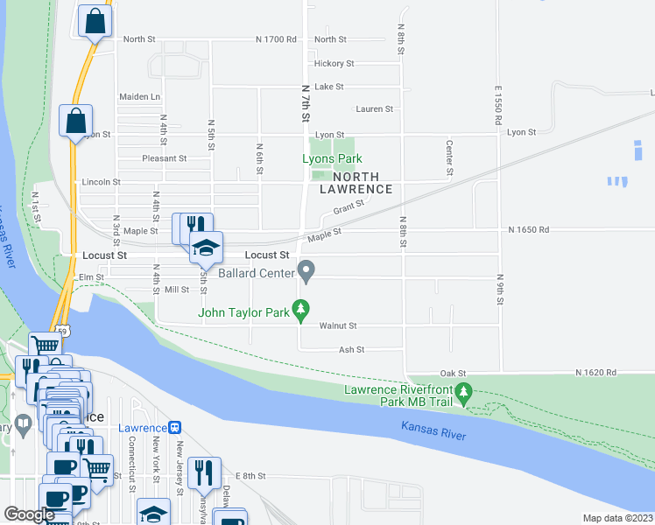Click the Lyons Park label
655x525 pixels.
point(332,159)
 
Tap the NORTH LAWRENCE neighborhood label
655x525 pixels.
point(356,182)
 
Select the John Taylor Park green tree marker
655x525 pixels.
point(301,309)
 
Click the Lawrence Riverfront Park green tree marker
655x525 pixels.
point(465,394)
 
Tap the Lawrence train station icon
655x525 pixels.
point(175,428)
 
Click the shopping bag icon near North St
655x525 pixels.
point(95,21)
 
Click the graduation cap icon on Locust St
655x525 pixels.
point(205,248)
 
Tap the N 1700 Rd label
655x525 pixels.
point(276,39)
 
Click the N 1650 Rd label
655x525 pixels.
point(528,229)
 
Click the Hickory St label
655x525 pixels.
point(334,64)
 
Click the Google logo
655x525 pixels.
point(29,514)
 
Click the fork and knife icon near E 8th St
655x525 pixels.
point(203,472)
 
